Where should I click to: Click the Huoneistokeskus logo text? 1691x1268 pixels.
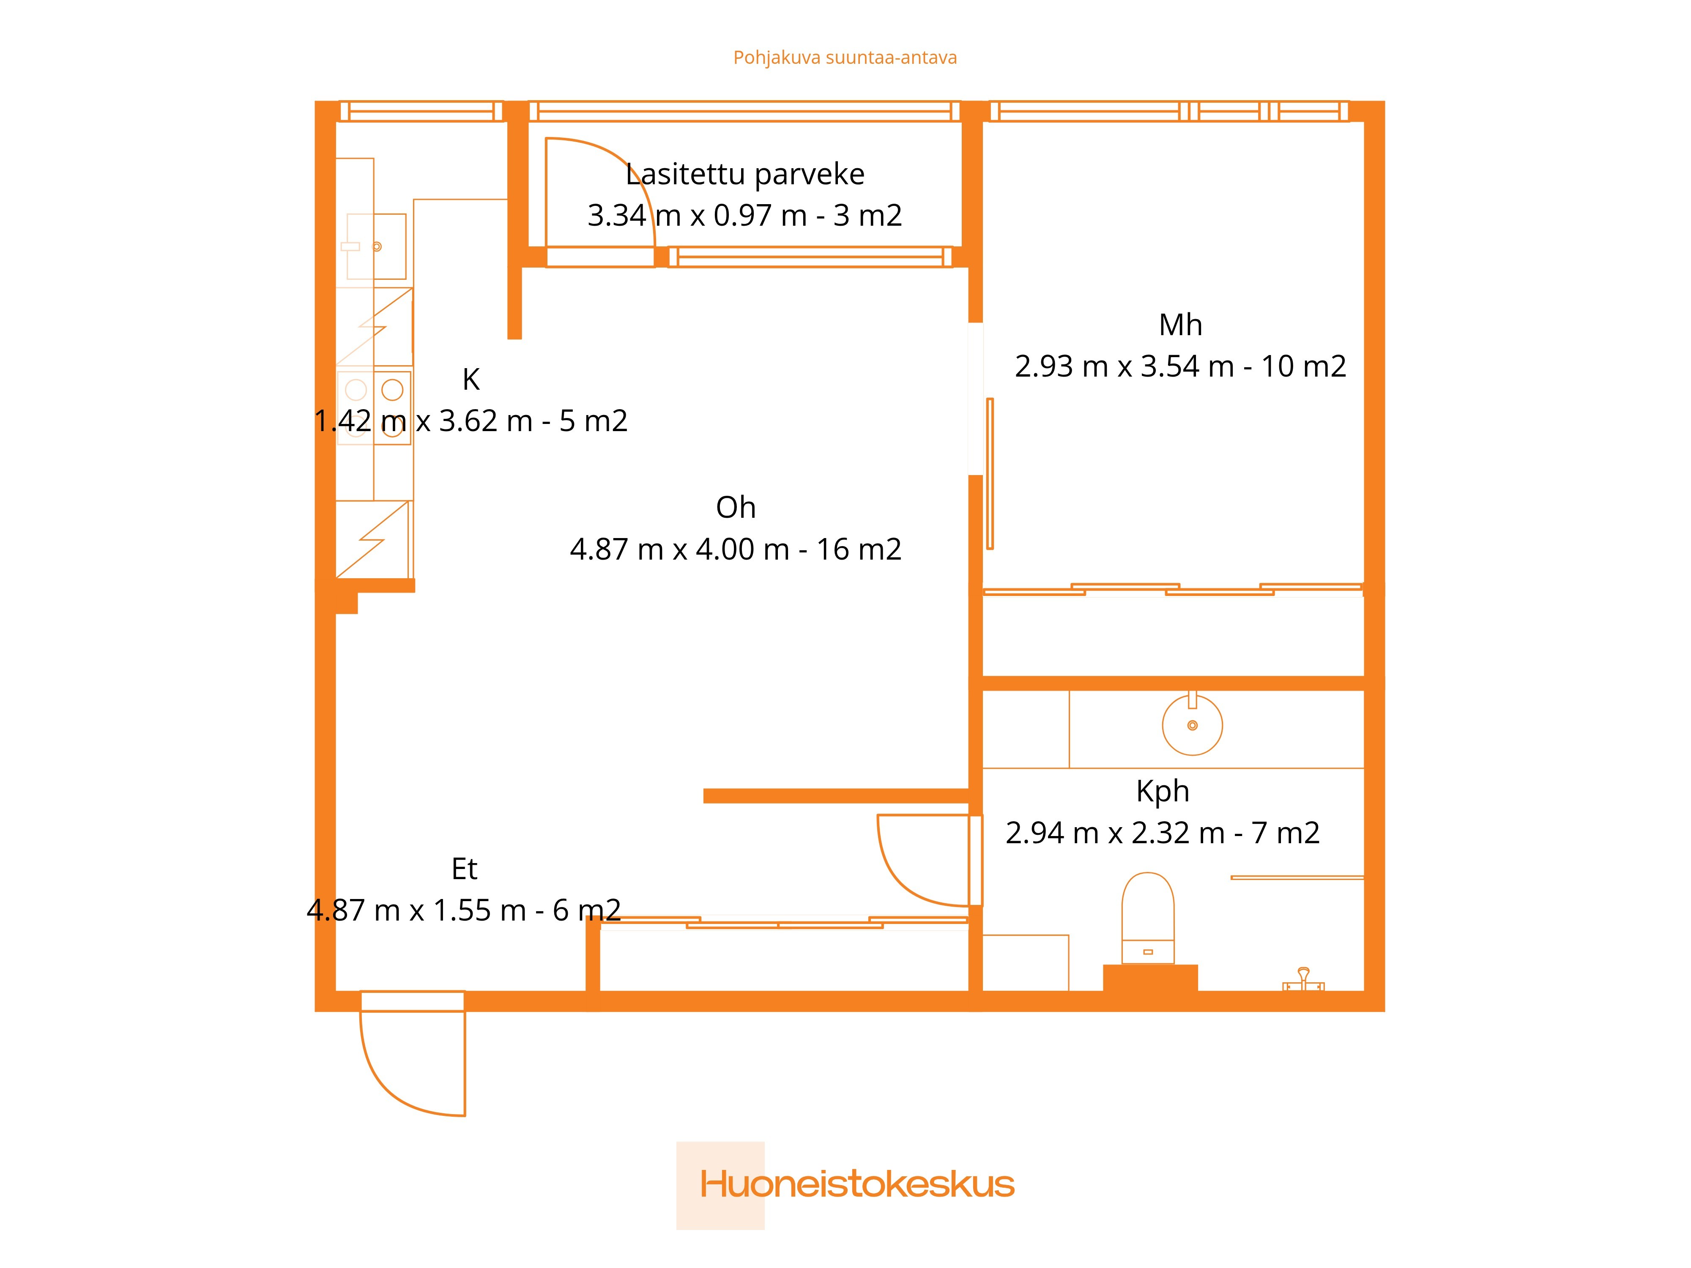857,1184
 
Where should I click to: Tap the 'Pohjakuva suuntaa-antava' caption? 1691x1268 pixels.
845,58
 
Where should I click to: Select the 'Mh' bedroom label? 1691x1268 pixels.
1180,325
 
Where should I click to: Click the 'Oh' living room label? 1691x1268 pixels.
736,508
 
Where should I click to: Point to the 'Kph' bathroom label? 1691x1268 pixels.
1163,792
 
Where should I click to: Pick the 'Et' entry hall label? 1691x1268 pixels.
464,869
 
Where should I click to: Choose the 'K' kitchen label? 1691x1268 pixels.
471,379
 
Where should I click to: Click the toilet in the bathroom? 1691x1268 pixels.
1147,918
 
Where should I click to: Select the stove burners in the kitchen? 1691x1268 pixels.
374,408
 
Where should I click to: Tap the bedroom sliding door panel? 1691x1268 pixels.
990,474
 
